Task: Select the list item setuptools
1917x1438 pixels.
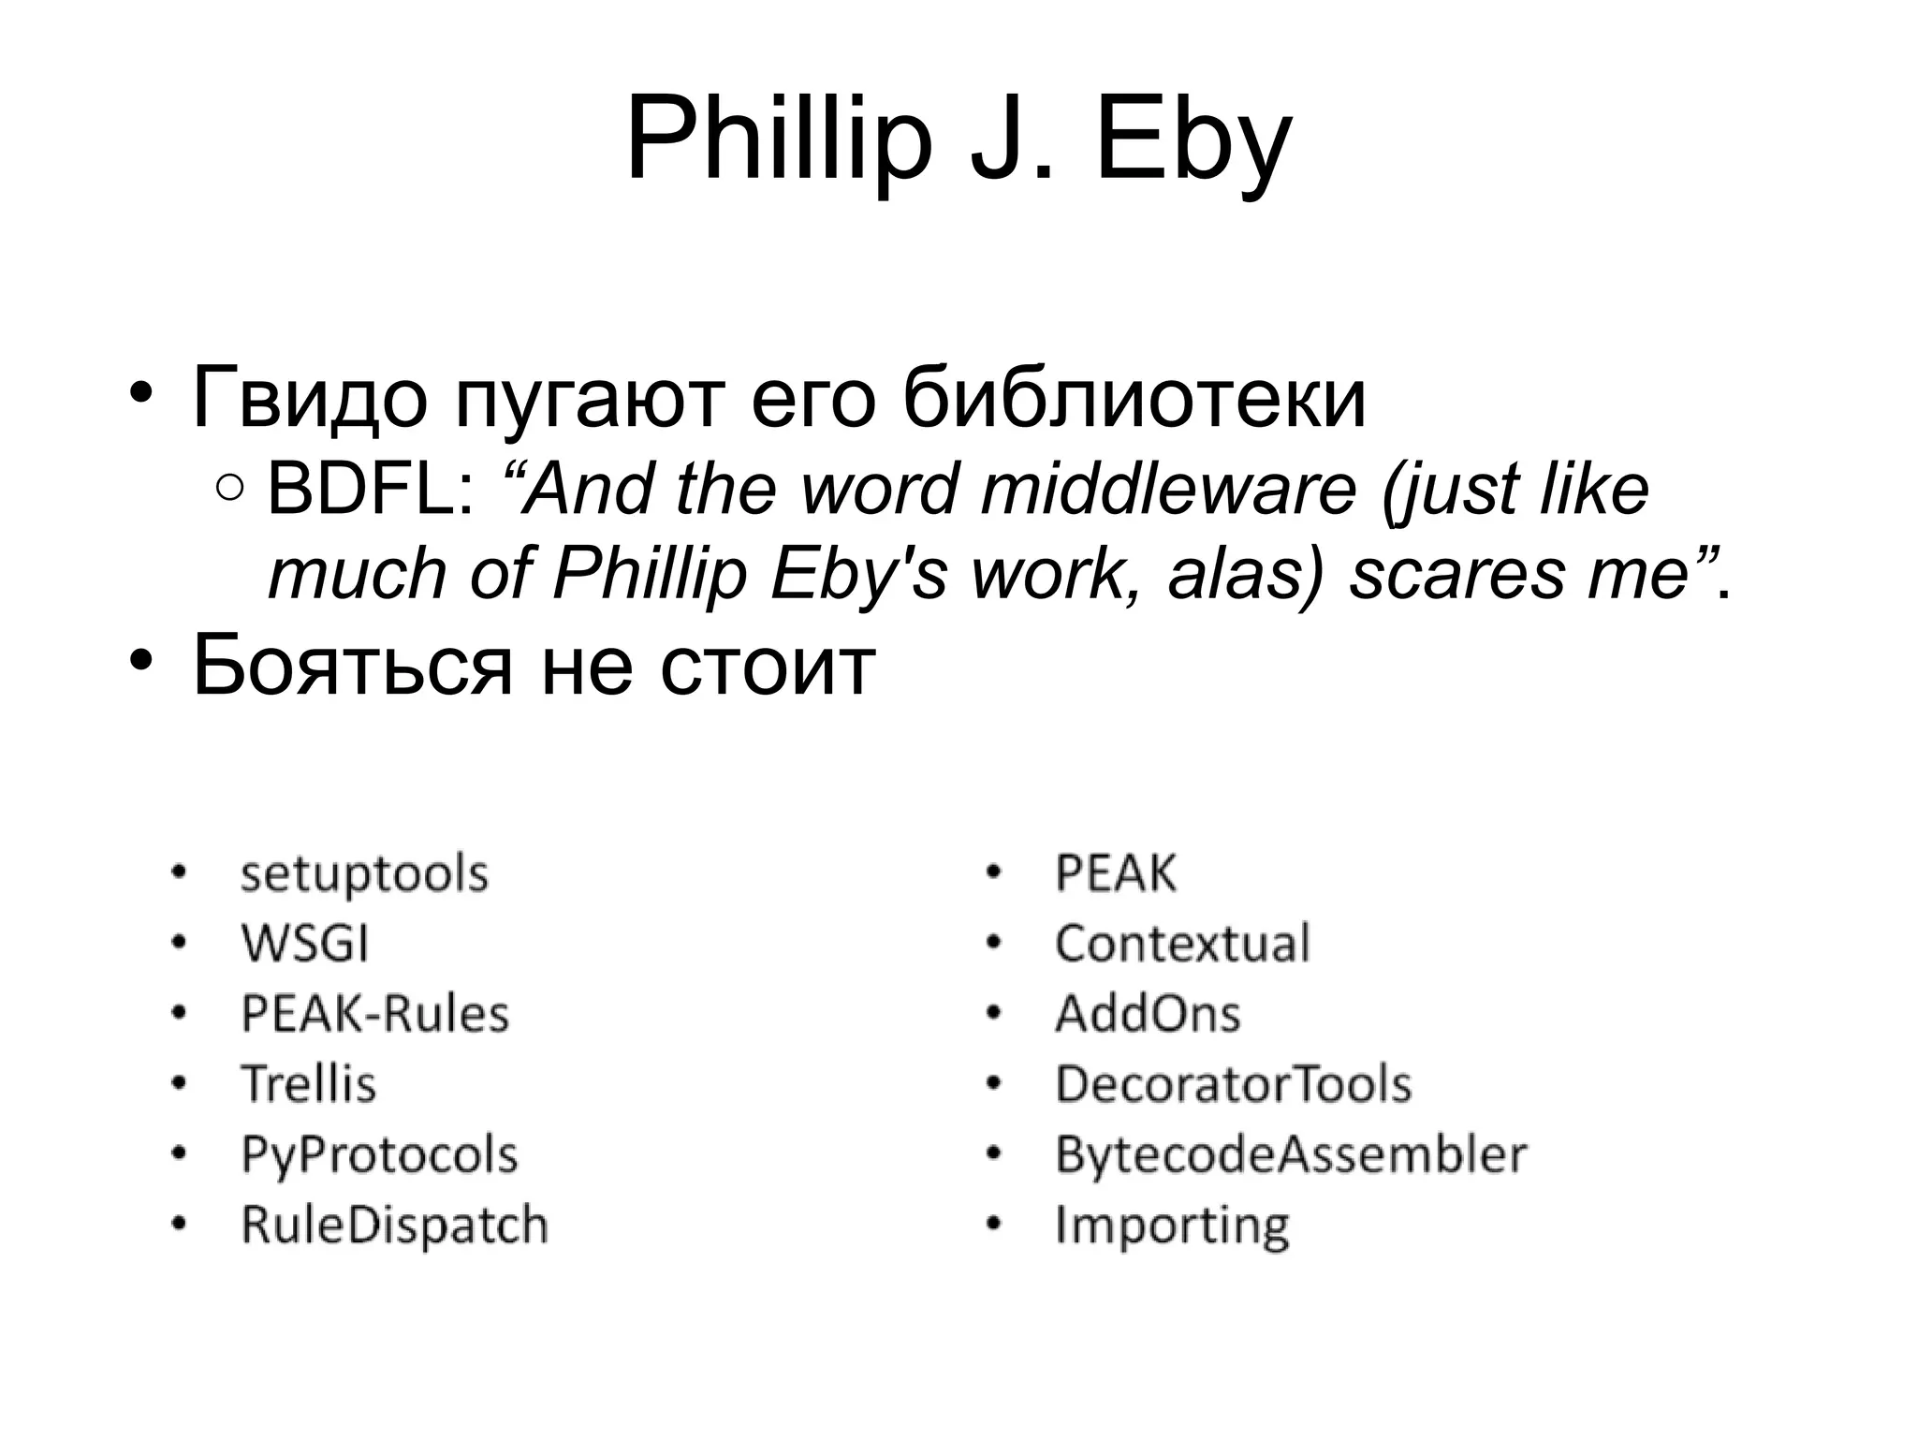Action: [x=364, y=874]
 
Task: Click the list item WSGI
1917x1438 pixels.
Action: [x=305, y=944]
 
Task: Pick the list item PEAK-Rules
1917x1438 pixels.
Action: [x=374, y=1014]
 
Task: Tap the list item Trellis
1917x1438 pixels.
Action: [x=309, y=1084]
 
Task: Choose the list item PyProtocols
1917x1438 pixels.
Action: [x=379, y=1154]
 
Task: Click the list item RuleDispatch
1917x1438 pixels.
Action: [x=394, y=1225]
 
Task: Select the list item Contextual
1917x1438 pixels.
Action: [x=1182, y=944]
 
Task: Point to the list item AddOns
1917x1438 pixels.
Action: [x=1148, y=1014]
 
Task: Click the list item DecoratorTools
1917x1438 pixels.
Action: [x=1233, y=1084]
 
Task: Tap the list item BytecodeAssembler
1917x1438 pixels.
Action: [x=1291, y=1154]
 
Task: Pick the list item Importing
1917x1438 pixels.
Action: [x=1172, y=1225]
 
